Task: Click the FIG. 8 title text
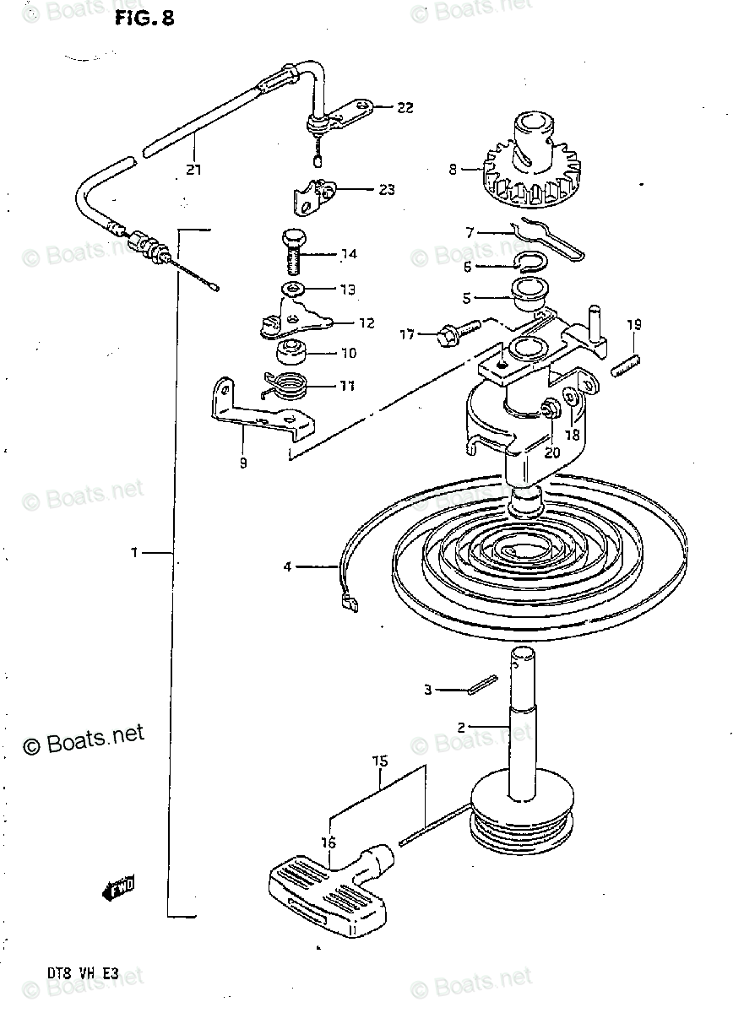coord(144,19)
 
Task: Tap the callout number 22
coord(405,107)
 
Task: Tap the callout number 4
coord(287,567)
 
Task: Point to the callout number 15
coord(380,761)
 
